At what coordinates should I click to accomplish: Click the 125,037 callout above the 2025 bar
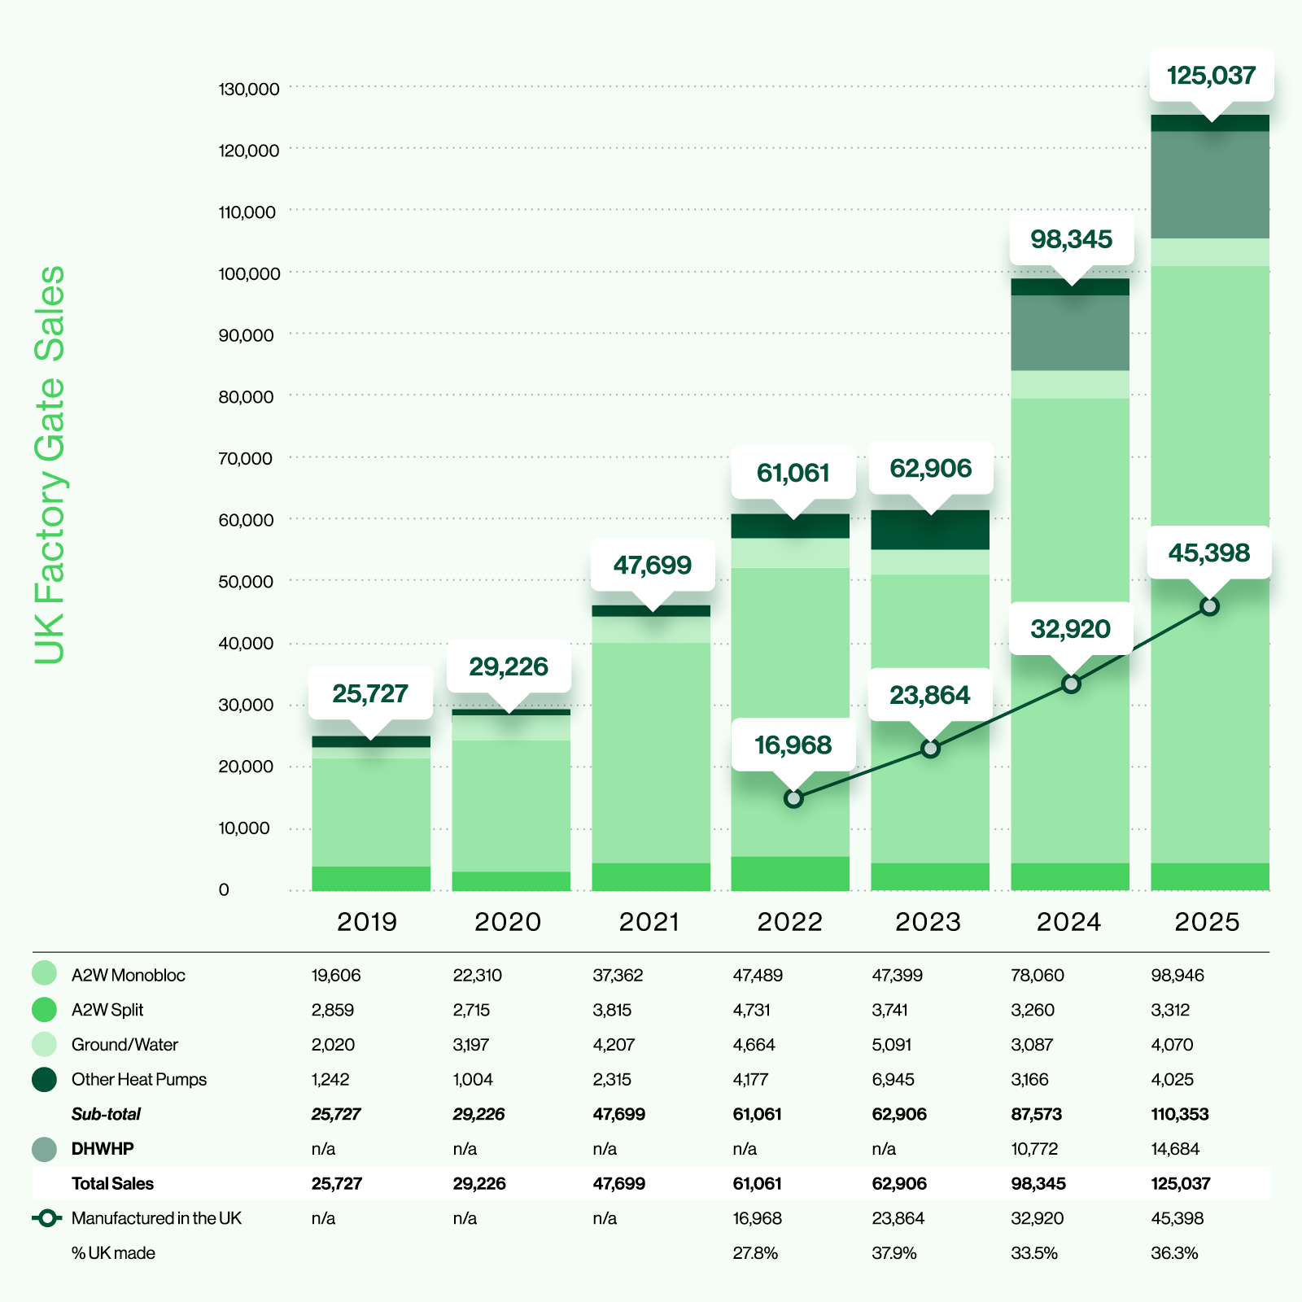pyautogui.click(x=1211, y=76)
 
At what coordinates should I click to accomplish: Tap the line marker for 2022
pyautogui.click(x=793, y=798)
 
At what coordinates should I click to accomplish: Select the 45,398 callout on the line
pyautogui.click(x=1208, y=553)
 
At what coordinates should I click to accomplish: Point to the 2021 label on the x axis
pyautogui.click(x=649, y=922)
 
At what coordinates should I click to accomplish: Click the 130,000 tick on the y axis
pyautogui.click(x=248, y=89)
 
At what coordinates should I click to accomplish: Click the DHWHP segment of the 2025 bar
pyautogui.click(x=1210, y=185)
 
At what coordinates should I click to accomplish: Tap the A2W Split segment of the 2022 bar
pyautogui.click(x=790, y=873)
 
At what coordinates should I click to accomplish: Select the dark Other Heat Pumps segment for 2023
pyautogui.click(x=930, y=530)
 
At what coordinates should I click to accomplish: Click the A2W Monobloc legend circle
pyautogui.click(x=44, y=974)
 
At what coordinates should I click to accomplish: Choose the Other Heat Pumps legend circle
pyautogui.click(x=44, y=1079)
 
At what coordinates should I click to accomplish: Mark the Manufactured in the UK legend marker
pyautogui.click(x=47, y=1218)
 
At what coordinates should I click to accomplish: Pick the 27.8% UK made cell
pyautogui.click(x=755, y=1253)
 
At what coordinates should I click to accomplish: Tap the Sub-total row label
pyautogui.click(x=106, y=1114)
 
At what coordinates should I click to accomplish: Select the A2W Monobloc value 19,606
pyautogui.click(x=336, y=975)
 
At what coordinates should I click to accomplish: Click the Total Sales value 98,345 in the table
pyautogui.click(x=1038, y=1183)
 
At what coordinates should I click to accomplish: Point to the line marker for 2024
pyautogui.click(x=1072, y=684)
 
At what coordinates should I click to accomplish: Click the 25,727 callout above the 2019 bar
pyautogui.click(x=370, y=693)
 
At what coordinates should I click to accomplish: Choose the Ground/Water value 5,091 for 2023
pyautogui.click(x=892, y=1044)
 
